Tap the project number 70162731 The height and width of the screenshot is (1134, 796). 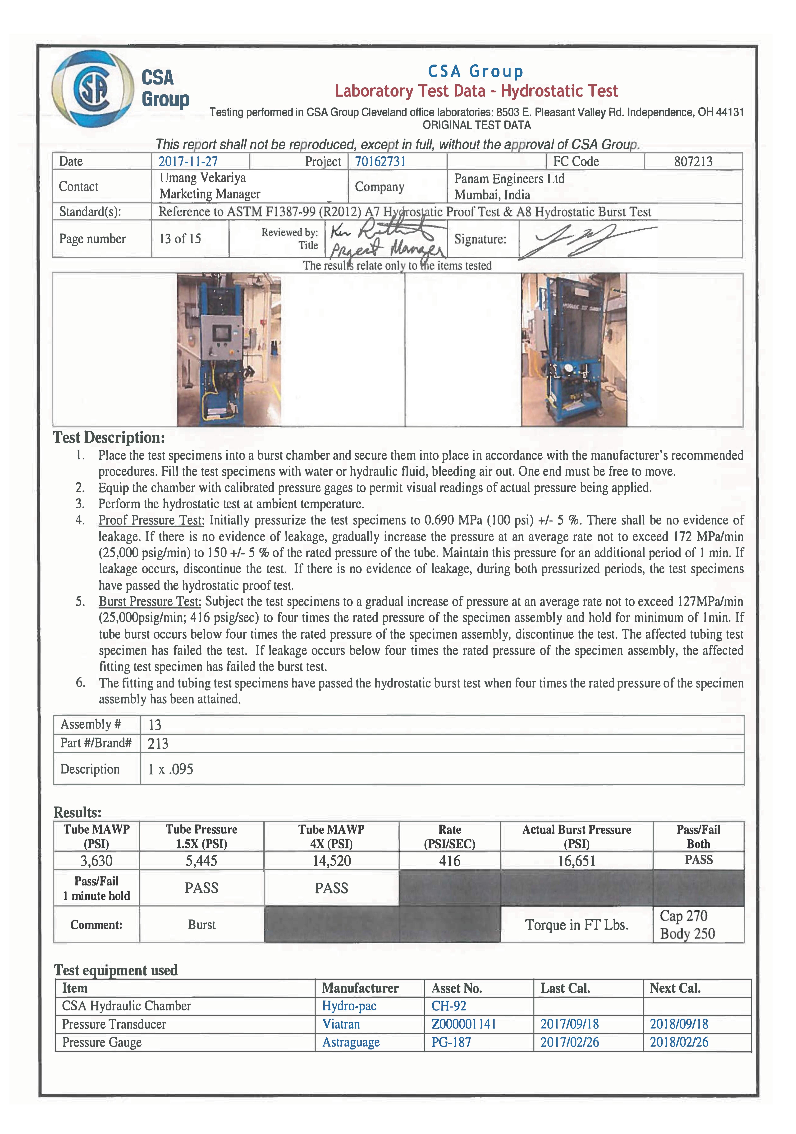380,161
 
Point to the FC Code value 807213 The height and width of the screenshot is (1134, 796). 693,161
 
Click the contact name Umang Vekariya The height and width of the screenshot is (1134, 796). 202,178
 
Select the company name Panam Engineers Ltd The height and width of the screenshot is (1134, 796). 509,179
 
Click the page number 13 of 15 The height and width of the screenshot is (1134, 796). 180,239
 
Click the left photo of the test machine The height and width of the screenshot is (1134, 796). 229,350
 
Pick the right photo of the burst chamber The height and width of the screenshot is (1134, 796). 574,350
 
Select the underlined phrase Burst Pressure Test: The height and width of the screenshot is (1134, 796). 150,602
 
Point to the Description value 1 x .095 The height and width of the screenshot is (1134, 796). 170,769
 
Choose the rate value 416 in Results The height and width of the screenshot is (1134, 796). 449,861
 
